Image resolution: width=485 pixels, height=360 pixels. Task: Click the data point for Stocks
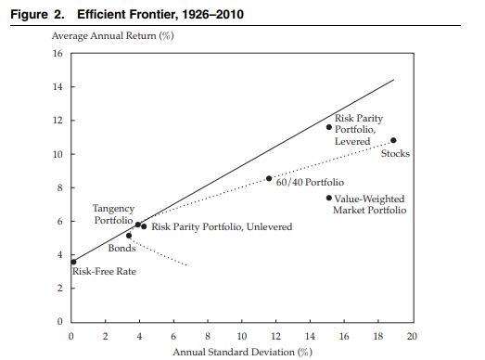point(393,140)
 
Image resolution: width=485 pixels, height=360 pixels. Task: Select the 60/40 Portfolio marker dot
point(269,178)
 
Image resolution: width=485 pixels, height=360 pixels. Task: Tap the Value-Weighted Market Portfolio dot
point(329,198)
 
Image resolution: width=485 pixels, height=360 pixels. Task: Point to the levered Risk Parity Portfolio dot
point(329,127)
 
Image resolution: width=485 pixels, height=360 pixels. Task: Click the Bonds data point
point(129,236)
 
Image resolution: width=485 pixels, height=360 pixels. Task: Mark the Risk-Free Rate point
point(73,263)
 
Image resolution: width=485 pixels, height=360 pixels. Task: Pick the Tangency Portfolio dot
point(138,225)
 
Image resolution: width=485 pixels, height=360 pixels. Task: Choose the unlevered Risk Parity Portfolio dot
point(144,226)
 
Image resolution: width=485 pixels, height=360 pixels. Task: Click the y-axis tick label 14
point(57,86)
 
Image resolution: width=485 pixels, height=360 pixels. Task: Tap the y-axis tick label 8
point(59,188)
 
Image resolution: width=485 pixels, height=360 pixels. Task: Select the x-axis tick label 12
point(275,336)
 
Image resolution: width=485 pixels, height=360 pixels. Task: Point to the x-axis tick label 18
point(378,336)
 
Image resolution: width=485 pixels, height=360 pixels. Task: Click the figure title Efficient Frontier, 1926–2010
point(160,15)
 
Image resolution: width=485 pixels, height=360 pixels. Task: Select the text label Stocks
point(395,153)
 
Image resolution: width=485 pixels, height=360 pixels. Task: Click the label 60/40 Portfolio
point(310,182)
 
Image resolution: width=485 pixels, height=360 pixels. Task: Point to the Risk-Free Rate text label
point(104,272)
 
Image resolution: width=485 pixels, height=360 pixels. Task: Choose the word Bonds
point(121,249)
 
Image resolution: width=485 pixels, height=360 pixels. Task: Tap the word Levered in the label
point(352,141)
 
